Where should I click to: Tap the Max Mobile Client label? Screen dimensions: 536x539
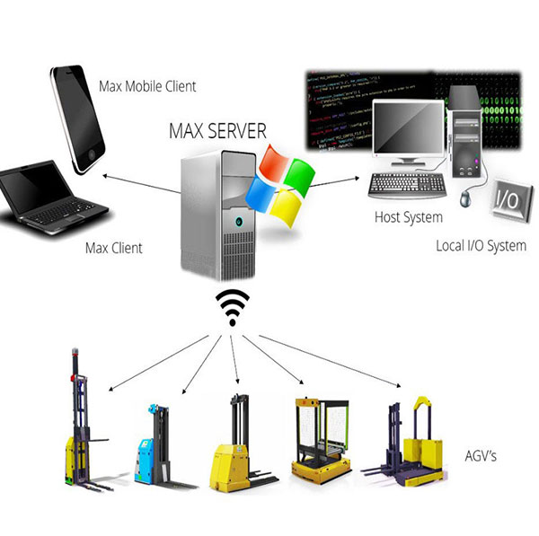click(147, 87)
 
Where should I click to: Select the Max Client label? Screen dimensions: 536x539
click(114, 247)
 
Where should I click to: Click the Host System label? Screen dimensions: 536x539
click(408, 217)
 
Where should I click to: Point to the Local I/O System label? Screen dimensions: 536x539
click(481, 245)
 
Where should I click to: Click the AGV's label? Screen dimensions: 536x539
click(482, 457)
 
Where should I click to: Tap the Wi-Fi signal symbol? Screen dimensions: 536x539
click(232, 307)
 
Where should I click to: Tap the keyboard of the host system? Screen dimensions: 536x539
click(404, 184)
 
